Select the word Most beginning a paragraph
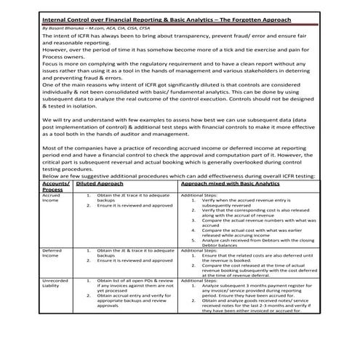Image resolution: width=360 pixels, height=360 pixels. (51, 157)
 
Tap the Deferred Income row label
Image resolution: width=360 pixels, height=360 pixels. (53, 253)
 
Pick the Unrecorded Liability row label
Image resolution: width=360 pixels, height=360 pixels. (56, 284)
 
